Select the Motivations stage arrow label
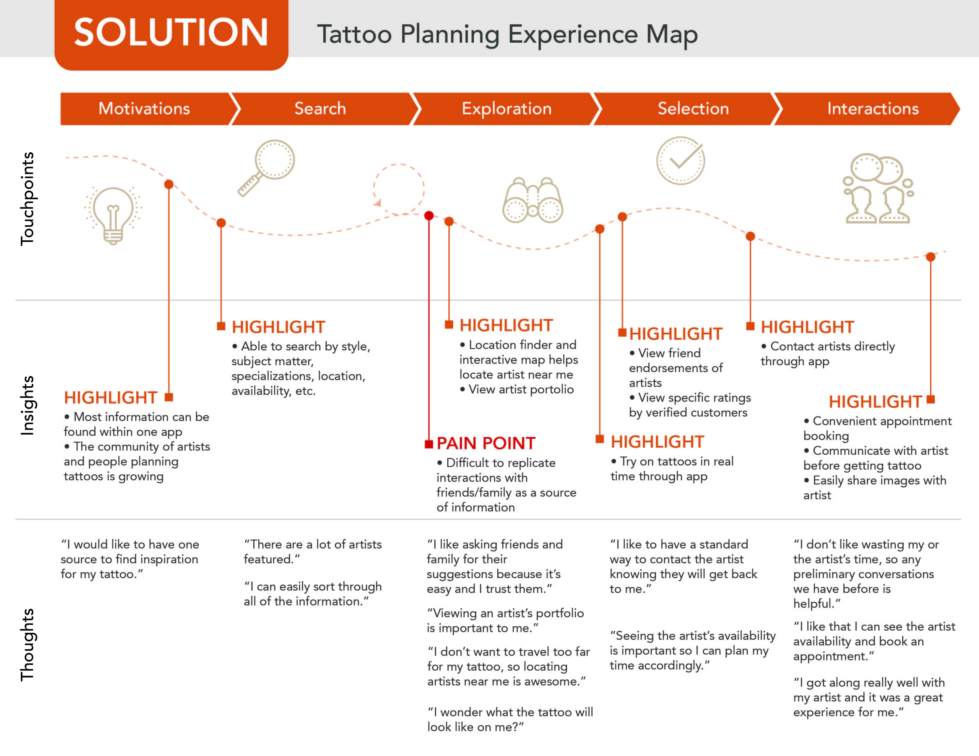click(144, 109)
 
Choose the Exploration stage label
click(507, 109)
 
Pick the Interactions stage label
click(873, 109)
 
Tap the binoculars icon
click(533, 200)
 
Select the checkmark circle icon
click(680, 160)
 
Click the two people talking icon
click(877, 188)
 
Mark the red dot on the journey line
click(429, 216)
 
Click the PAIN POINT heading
click(486, 443)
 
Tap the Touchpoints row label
click(27, 199)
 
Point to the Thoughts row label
click(27, 645)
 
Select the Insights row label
click(27, 406)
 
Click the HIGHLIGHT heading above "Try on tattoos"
click(657, 442)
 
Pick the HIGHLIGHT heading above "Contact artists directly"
click(807, 327)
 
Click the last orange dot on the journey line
click(931, 257)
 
